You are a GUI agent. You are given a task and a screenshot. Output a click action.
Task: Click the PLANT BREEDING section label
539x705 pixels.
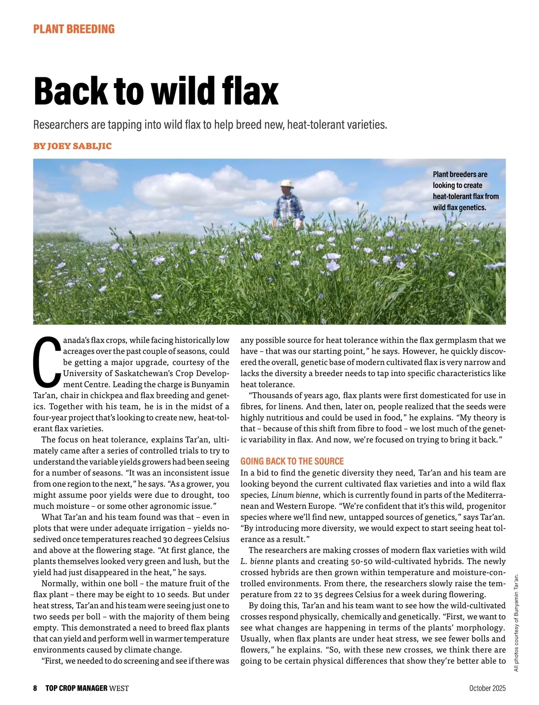(x=74, y=29)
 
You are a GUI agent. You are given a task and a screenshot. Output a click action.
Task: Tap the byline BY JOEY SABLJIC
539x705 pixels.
(x=72, y=146)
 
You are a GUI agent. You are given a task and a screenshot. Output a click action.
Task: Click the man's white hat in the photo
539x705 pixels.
(x=286, y=184)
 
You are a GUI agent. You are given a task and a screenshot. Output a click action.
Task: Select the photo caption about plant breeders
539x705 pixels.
(x=465, y=191)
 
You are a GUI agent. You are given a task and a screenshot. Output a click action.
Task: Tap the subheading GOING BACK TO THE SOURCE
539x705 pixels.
(x=292, y=461)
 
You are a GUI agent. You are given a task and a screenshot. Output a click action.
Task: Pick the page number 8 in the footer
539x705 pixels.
(x=35, y=688)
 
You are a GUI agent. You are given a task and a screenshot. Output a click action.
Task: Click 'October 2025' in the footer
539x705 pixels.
(x=487, y=688)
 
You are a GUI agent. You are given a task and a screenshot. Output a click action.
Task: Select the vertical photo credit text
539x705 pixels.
(x=516, y=622)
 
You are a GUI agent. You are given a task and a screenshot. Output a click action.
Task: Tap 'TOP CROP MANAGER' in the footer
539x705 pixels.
(x=76, y=688)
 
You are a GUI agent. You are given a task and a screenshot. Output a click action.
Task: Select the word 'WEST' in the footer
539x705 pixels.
(x=119, y=688)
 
